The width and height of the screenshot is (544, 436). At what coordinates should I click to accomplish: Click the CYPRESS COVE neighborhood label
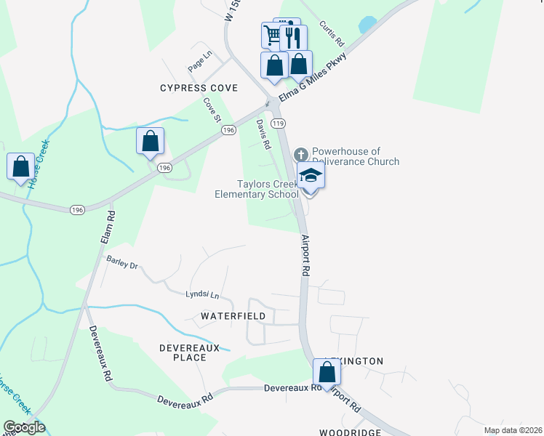(199, 88)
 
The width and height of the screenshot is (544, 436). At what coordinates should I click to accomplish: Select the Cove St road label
(212, 110)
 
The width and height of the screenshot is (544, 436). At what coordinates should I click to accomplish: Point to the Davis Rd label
(263, 135)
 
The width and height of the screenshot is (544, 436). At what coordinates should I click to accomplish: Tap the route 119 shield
(279, 124)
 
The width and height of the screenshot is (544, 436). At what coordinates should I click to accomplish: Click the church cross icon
(301, 155)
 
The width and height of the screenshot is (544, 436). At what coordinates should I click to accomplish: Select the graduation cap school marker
(311, 177)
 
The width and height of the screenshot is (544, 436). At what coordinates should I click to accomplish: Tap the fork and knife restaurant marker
(293, 37)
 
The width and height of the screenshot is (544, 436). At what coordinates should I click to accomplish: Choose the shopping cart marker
(273, 34)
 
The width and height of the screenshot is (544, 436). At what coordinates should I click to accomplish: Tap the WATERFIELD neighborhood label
(228, 317)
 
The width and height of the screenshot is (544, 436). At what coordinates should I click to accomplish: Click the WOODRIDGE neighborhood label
(350, 432)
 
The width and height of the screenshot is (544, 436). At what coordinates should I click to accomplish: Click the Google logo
(24, 427)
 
